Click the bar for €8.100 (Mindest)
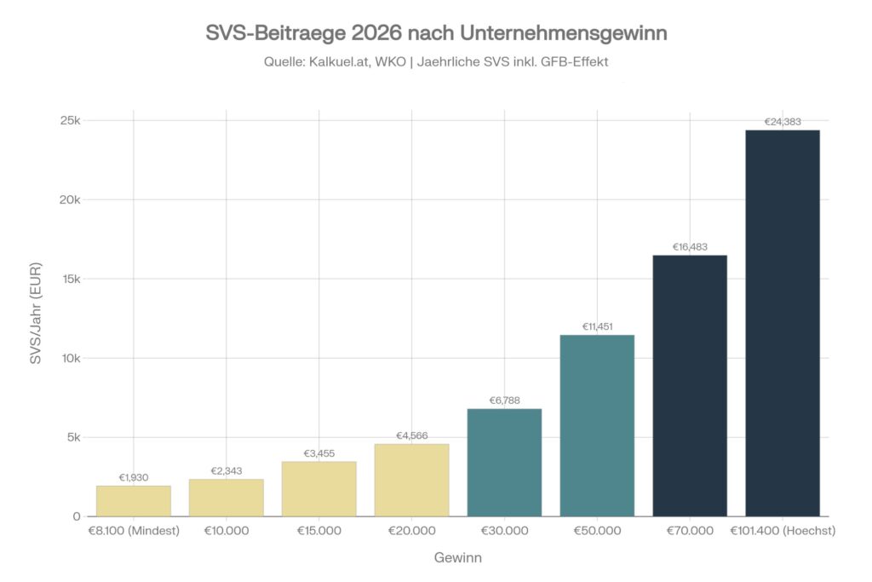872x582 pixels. click(x=133, y=501)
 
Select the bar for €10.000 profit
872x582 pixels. click(x=226, y=498)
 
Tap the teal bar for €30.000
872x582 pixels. click(x=504, y=463)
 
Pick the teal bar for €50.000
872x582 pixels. click(x=597, y=425)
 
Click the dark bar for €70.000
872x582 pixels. click(x=690, y=385)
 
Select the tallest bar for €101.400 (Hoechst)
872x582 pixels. click(x=783, y=323)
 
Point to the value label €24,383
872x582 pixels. click(x=783, y=122)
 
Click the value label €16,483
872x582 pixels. click(x=690, y=247)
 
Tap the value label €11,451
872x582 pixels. click(x=597, y=326)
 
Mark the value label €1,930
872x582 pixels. click(x=133, y=477)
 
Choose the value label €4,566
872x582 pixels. click(x=411, y=435)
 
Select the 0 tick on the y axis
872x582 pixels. click(x=76, y=516)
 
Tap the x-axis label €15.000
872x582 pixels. click(x=318, y=531)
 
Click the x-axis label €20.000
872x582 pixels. click(x=411, y=531)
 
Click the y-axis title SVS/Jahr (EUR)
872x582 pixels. click(x=36, y=318)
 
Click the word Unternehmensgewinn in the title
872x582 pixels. click(x=563, y=34)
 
